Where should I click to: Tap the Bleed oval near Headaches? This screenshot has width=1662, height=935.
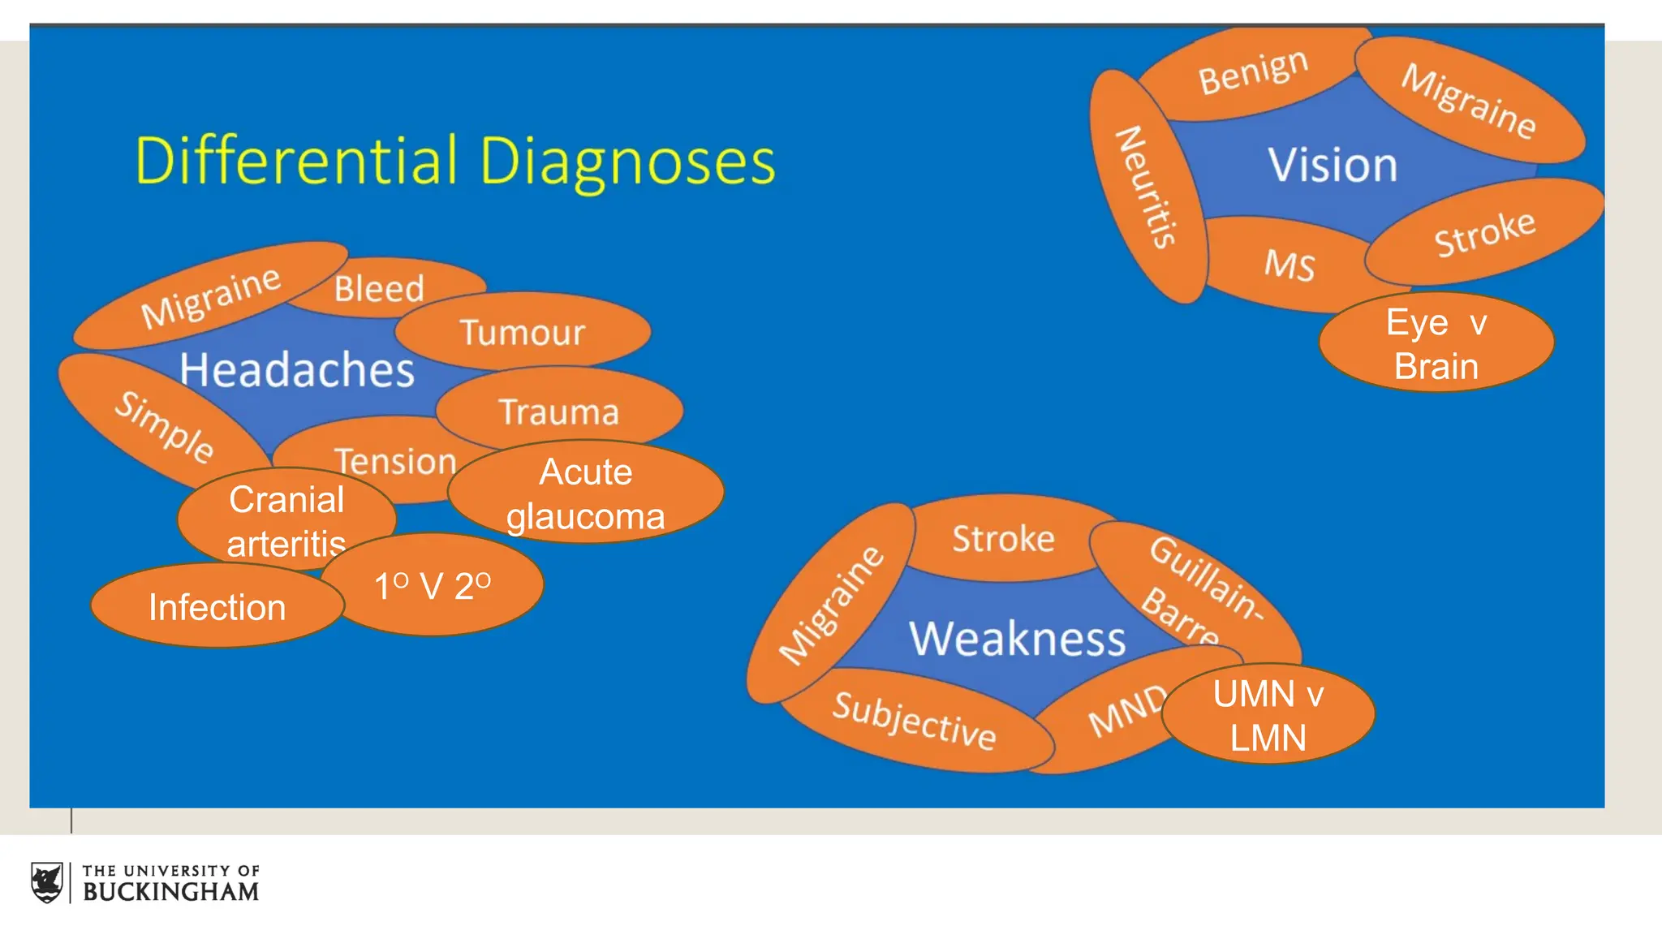(379, 288)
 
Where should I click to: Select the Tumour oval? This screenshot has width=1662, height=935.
(523, 332)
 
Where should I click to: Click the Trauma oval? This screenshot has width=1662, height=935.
(559, 411)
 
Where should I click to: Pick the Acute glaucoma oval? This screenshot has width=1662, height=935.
(585, 493)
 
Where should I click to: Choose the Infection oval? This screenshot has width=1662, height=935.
(217, 607)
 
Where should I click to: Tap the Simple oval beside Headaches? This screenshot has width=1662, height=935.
(163, 427)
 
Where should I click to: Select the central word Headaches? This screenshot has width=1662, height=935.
(297, 370)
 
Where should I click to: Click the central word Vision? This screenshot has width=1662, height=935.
(1333, 165)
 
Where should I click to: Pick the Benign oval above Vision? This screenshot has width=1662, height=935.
(1252, 72)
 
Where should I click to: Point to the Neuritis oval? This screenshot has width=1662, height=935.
(1146, 187)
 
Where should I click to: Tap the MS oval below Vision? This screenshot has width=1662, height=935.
(1289, 265)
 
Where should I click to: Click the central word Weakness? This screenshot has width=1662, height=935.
(1017, 639)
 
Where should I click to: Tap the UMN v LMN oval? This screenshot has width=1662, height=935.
(1268, 715)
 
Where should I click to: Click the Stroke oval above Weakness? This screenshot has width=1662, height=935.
(1003, 539)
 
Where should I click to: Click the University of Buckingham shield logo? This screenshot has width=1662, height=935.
(47, 882)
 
